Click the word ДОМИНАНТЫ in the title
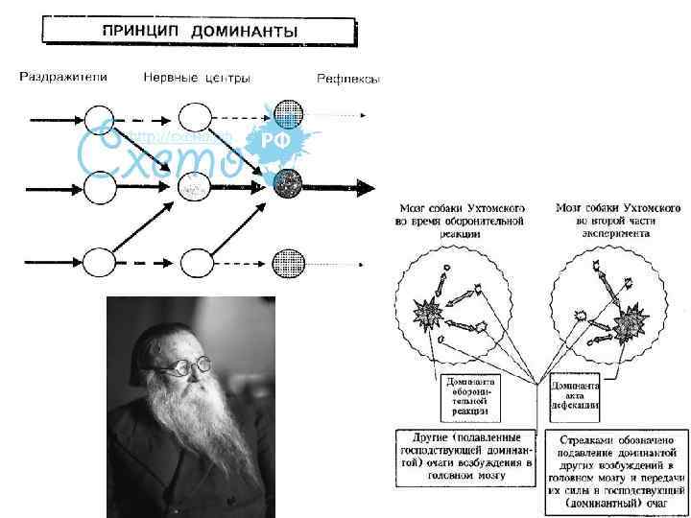pos(244,31)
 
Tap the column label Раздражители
pos(64,77)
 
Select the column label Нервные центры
pos(197,77)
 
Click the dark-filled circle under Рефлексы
pos(288,183)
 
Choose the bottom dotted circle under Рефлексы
pos(288,262)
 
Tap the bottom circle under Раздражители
pos(100,262)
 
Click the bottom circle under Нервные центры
pos(196,262)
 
